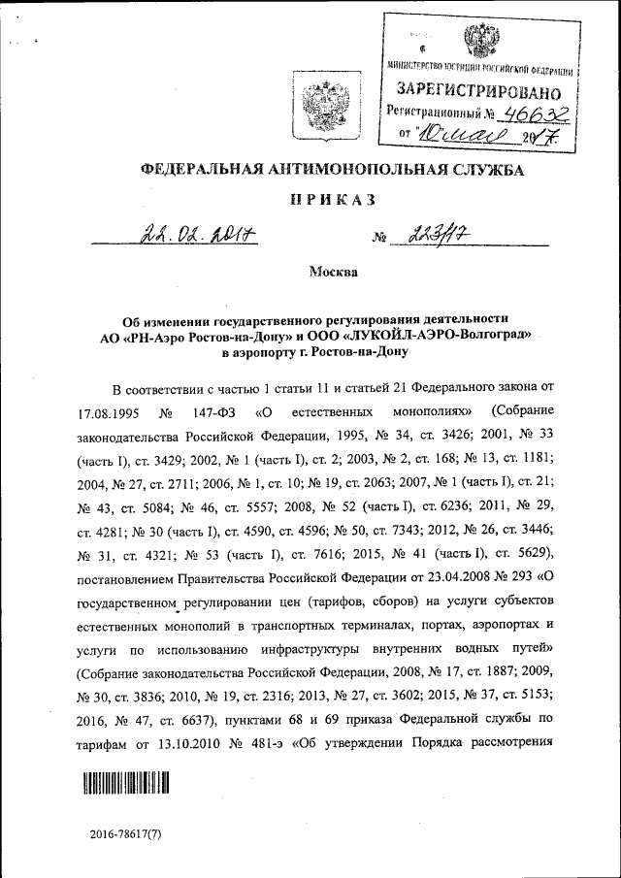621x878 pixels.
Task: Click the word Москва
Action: pyautogui.click(x=333, y=272)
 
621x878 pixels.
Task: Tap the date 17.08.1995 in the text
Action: pyautogui.click(x=114, y=410)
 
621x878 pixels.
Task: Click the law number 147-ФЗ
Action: pyautogui.click(x=216, y=410)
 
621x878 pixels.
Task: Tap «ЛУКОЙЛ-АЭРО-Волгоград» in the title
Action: pyautogui.click(x=428, y=335)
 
